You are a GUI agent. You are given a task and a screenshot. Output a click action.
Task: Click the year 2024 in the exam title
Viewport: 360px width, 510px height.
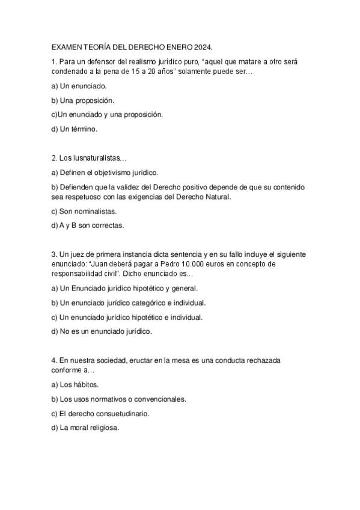[204, 46]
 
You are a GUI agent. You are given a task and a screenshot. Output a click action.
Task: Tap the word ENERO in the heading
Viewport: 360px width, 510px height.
[177, 46]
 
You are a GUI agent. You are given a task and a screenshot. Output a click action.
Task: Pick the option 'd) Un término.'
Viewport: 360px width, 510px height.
[75, 128]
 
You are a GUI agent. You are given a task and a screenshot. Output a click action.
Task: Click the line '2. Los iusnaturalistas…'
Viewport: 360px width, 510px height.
[90, 158]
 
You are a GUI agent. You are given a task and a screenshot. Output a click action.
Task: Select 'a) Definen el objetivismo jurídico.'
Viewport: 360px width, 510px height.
[105, 173]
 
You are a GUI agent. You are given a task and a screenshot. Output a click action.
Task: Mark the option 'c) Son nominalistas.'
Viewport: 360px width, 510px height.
[84, 212]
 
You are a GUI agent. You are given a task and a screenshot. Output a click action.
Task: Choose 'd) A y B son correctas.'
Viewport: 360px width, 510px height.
[88, 226]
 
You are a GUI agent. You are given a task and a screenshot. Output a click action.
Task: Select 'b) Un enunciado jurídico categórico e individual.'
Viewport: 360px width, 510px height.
[129, 303]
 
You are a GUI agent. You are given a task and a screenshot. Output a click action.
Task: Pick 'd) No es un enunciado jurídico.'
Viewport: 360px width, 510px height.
[102, 331]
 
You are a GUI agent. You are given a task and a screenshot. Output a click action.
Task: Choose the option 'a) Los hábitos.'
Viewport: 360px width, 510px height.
[75, 384]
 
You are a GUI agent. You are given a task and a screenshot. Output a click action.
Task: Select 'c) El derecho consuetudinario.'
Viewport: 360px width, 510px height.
[100, 414]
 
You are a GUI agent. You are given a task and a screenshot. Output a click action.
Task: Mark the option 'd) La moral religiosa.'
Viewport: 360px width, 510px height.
[86, 428]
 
